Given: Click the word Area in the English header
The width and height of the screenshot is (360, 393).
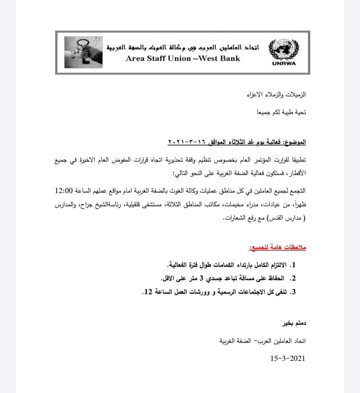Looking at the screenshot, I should [135, 58].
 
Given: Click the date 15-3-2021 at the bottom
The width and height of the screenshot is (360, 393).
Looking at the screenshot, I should [288, 358].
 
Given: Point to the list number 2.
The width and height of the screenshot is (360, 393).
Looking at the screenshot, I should [294, 278].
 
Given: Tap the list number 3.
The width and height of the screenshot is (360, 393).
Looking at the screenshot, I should [294, 292].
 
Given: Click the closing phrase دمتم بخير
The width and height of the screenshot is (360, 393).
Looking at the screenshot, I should [294, 323].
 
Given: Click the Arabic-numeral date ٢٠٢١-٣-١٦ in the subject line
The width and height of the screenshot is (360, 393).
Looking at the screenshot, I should [187, 143].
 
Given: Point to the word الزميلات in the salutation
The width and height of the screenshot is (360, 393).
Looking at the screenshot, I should [295, 95].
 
